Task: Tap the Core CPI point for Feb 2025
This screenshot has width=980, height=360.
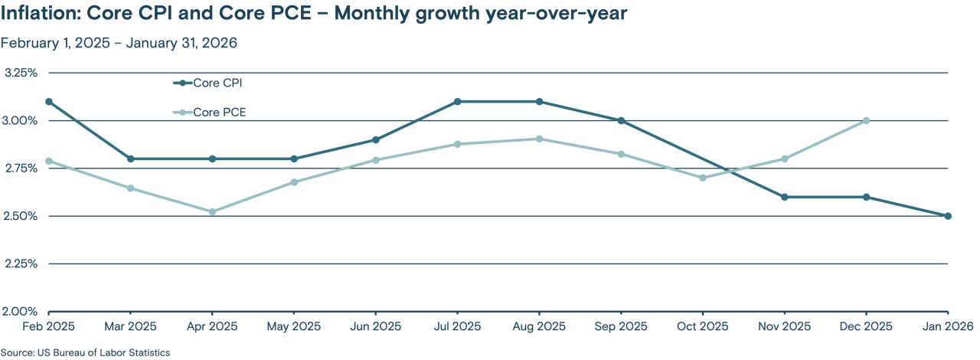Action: pos(49,101)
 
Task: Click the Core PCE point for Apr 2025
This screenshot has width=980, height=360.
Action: pos(212,211)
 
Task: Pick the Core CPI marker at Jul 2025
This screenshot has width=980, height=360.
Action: pos(457,101)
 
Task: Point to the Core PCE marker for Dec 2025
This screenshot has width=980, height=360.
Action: pos(866,120)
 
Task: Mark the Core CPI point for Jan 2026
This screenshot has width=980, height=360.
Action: pos(948,216)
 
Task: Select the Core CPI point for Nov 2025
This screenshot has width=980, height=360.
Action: pos(784,197)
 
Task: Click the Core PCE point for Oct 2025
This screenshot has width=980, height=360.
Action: pos(703,178)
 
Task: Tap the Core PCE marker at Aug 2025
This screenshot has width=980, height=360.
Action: pos(539,139)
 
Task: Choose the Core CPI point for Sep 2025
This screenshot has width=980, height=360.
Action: pos(621,120)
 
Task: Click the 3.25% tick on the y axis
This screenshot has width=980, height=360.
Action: pos(21,73)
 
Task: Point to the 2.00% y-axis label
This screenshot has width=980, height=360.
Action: pos(21,311)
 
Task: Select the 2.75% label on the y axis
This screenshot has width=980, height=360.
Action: pos(21,169)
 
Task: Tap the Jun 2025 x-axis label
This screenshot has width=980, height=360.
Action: pos(375,326)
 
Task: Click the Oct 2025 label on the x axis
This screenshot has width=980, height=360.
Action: pos(703,326)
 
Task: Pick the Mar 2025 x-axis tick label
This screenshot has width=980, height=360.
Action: pos(130,326)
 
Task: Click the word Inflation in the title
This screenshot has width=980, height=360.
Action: pos(40,15)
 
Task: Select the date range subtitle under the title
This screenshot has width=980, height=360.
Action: pos(119,43)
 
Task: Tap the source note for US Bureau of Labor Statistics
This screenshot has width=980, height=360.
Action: pos(85,353)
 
